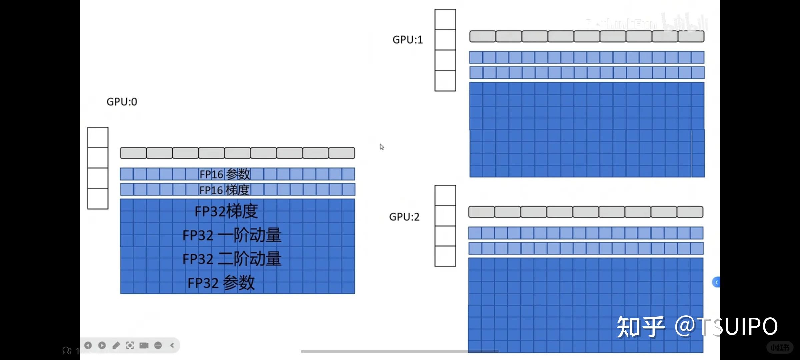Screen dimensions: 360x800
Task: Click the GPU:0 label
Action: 122,102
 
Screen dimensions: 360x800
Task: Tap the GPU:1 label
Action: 407,40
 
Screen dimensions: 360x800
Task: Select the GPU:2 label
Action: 404,217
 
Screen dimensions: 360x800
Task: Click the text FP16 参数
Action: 225,174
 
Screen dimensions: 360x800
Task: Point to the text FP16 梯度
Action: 224,190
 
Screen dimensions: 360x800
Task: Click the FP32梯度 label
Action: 226,211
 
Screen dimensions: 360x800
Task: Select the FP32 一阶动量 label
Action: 232,235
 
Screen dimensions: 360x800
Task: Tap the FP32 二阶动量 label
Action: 232,259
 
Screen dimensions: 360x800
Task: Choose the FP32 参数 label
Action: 221,283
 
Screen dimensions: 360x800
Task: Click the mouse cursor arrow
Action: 381,147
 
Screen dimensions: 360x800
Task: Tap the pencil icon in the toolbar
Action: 116,345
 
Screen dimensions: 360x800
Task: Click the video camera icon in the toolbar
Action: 144,345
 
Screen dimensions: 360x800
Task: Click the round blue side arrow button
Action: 716,282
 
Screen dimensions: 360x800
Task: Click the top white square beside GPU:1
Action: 445,20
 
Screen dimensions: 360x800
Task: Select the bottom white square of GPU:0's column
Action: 98,199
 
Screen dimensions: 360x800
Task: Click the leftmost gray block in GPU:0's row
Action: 133,153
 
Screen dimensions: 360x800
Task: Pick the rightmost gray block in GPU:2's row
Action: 690,212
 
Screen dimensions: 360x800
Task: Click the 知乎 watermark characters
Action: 640,327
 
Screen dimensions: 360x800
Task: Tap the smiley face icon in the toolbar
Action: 158,345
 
